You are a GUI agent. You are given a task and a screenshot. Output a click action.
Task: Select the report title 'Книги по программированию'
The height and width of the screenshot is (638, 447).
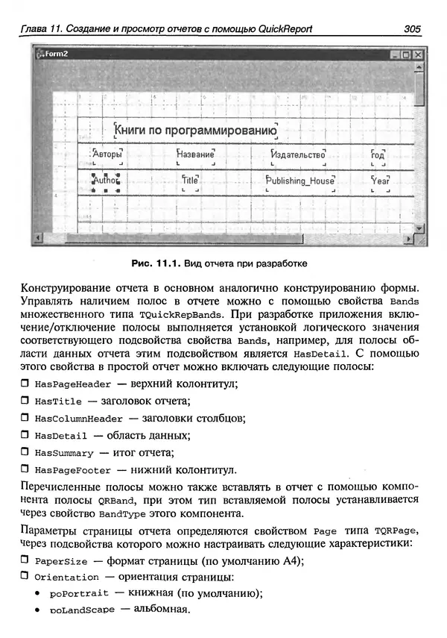pos(196,131)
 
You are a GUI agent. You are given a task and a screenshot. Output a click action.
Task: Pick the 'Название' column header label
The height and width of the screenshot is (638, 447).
pos(196,155)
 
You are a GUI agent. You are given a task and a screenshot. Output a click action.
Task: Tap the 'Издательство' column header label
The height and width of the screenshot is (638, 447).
pos(299,155)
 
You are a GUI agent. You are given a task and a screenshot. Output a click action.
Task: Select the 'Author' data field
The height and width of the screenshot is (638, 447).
pos(106,181)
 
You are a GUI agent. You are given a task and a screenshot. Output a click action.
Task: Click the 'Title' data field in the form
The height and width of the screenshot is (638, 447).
pos(190,181)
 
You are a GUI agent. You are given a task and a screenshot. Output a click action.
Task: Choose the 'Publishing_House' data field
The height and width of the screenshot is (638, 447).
pos(301,181)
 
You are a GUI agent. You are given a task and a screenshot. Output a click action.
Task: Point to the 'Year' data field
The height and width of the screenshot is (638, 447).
pos(380,181)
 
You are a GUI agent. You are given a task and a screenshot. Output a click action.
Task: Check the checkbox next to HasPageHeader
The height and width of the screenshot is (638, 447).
pos(25,384)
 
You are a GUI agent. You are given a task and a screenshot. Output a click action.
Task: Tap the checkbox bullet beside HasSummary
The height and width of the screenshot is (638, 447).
pos(25,453)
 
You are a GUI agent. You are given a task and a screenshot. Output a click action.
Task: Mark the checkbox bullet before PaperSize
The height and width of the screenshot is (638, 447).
pos(25,560)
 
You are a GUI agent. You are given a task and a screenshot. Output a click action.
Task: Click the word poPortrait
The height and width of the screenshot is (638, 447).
pos(79,594)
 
